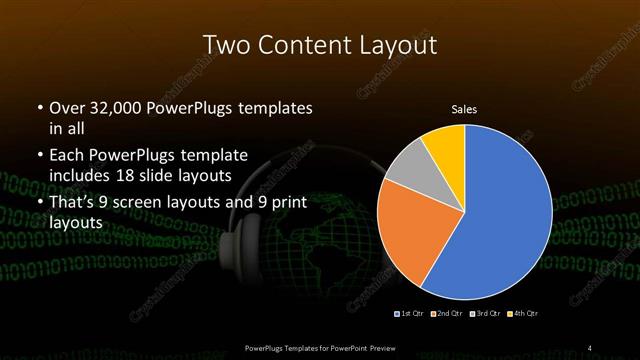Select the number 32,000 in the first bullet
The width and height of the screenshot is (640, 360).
(x=110, y=107)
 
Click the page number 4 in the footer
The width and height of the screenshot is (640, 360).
(x=590, y=347)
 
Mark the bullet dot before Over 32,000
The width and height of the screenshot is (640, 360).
(x=39, y=107)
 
